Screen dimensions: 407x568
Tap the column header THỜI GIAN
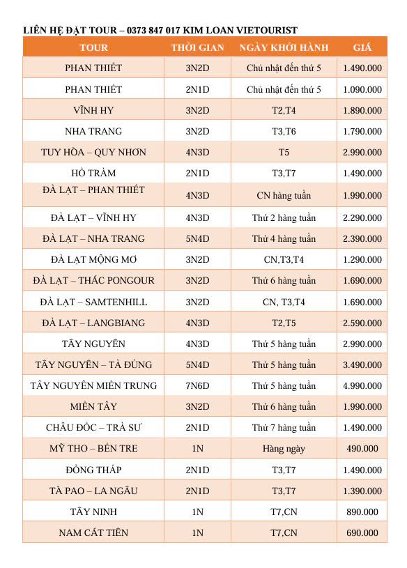tap(197, 47)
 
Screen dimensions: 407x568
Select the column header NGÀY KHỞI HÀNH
tap(284, 47)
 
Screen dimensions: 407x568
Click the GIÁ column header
tap(362, 47)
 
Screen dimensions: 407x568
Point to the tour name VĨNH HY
tap(93, 110)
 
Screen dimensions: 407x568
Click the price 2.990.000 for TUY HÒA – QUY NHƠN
tap(362, 152)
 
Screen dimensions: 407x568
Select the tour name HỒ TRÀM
tap(93, 173)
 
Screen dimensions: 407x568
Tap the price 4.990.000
tap(362, 385)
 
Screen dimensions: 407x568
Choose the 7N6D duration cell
tap(197, 385)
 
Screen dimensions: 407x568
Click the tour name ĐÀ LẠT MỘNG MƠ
tap(93, 259)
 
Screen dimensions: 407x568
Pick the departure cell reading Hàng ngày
tap(284, 448)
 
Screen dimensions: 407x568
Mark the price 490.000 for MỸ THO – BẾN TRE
tap(362, 448)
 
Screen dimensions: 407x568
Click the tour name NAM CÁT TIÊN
tap(93, 532)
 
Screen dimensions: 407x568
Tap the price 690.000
tap(362, 533)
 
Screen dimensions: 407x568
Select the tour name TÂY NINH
tap(93, 512)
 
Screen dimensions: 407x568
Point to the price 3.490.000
tap(362, 364)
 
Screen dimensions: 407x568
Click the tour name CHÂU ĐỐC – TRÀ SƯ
tap(93, 427)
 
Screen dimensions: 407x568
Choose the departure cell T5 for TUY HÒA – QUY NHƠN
tap(284, 152)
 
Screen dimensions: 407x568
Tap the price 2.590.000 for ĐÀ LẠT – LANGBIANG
tap(362, 323)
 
